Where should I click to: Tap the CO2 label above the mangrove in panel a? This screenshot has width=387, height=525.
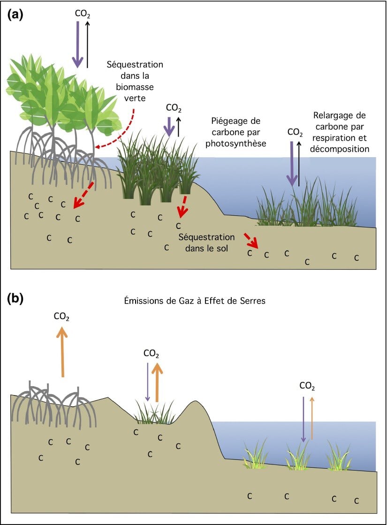[83, 13]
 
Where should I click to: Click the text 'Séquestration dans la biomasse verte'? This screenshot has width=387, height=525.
[135, 81]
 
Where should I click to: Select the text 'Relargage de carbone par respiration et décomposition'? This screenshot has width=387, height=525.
[340, 132]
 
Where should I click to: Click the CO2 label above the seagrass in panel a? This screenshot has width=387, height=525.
[295, 132]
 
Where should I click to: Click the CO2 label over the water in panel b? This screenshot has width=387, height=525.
[307, 386]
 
